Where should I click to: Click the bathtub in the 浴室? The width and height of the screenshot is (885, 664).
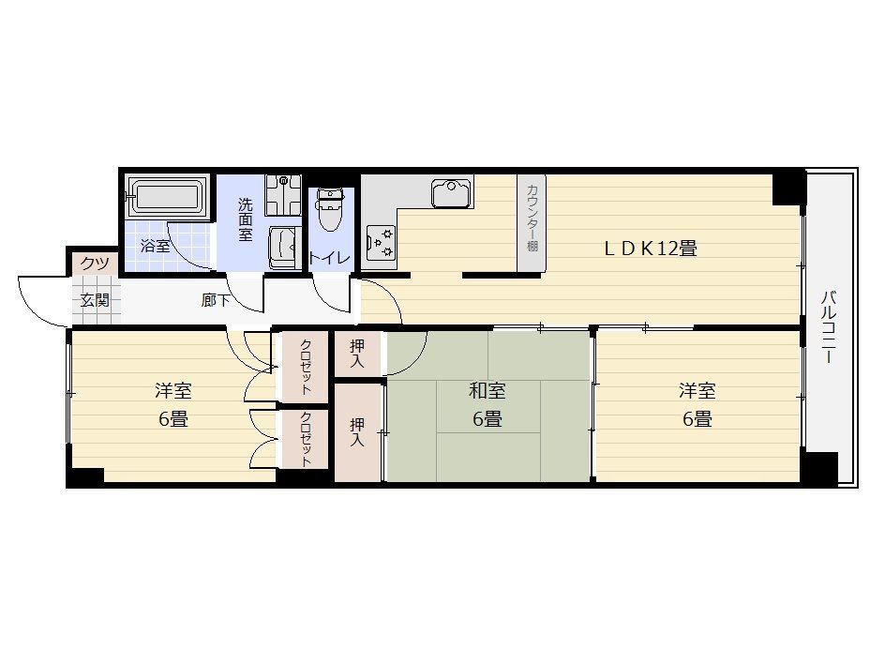(164, 197)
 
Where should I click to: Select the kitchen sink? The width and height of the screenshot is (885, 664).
(452, 192)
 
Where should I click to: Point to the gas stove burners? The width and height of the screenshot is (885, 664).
(381, 242)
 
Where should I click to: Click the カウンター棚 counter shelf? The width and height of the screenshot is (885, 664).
(532, 222)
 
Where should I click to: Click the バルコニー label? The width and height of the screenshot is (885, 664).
(828, 327)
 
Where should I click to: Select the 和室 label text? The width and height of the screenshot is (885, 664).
(487, 390)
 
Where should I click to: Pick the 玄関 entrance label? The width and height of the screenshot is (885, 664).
(95, 300)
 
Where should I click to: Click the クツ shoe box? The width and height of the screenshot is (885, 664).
(95, 264)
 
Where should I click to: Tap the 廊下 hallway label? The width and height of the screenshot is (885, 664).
(216, 300)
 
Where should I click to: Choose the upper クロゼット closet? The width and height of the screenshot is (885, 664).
(305, 367)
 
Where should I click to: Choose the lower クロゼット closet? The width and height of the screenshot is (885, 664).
(305, 439)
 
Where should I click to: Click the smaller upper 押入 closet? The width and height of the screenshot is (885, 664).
(356, 354)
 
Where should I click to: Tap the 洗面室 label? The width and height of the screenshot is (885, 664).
(245, 219)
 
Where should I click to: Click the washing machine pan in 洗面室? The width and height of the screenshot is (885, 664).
(284, 195)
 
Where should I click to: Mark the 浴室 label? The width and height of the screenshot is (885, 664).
(155, 246)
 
